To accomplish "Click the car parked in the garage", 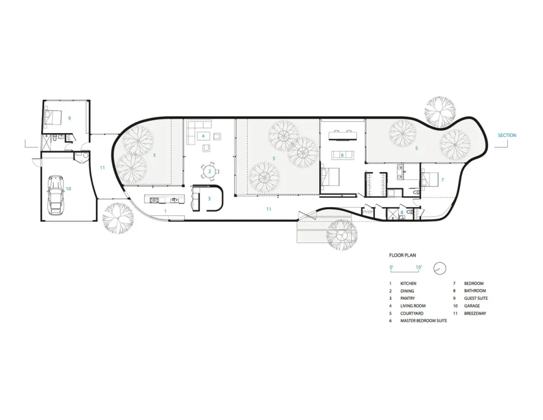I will pyautogui.click(x=55, y=193).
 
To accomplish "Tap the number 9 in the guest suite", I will pyautogui.click(x=70, y=118).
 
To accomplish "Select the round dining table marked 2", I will pyautogui.click(x=210, y=171).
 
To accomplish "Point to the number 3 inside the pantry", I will pyautogui.click(x=209, y=198).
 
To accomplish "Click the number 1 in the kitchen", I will pyautogui.click(x=166, y=210).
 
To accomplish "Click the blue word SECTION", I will pyautogui.click(x=507, y=135).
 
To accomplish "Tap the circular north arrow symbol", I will pyautogui.click(x=440, y=268).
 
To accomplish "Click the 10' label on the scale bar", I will pyautogui.click(x=419, y=267).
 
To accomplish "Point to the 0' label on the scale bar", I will pyautogui.click(x=391, y=267).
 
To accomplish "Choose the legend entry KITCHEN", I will pyautogui.click(x=409, y=284).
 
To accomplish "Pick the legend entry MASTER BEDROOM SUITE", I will pyautogui.click(x=424, y=321).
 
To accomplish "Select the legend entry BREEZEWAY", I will pyautogui.click(x=476, y=314).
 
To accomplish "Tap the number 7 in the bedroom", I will pyautogui.click(x=442, y=179).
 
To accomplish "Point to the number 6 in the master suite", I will pyautogui.click(x=342, y=155).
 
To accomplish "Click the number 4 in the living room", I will pyautogui.click(x=203, y=136).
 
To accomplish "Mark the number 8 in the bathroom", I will pyautogui.click(x=402, y=212).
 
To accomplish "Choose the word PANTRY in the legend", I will pyautogui.click(x=408, y=298).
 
